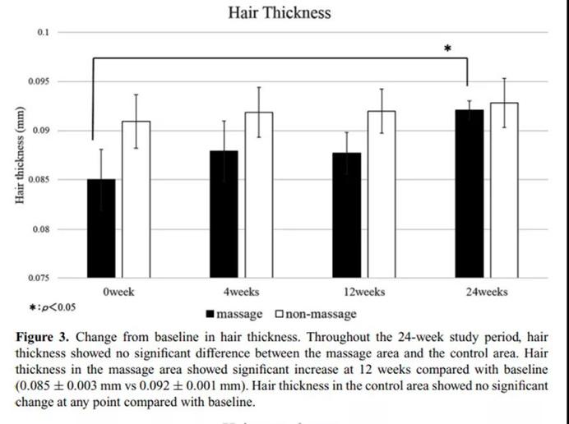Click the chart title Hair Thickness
click(280, 12)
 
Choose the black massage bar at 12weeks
click(347, 215)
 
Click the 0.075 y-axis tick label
click(39, 278)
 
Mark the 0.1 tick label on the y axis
click(43, 32)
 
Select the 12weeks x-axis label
click(364, 292)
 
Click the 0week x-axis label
click(119, 292)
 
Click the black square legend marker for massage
click(210, 314)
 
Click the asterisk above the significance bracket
click(447, 49)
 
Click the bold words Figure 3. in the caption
click(42, 338)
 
